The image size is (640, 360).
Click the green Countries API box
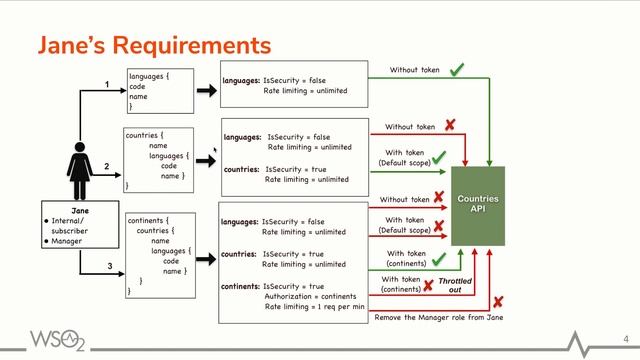[x=478, y=205]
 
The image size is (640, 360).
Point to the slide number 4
[x=625, y=338]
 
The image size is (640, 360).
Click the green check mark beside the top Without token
[x=456, y=70]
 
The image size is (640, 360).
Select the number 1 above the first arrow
[x=107, y=87]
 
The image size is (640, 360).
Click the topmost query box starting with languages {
[x=159, y=90]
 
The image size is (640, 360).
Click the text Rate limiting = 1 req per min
[x=319, y=309]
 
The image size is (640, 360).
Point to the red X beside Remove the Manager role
[x=497, y=301]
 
